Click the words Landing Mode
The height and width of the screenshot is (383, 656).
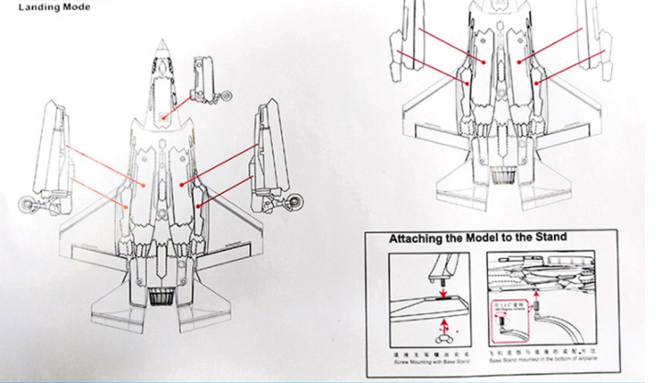(x=56, y=7)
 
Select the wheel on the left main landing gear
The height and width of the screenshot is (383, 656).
(x=28, y=203)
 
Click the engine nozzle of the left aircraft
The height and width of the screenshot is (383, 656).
(x=163, y=297)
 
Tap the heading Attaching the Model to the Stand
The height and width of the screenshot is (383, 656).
(x=478, y=238)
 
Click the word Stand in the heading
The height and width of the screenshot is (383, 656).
(x=549, y=238)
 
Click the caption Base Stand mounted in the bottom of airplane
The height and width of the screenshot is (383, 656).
(x=542, y=360)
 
